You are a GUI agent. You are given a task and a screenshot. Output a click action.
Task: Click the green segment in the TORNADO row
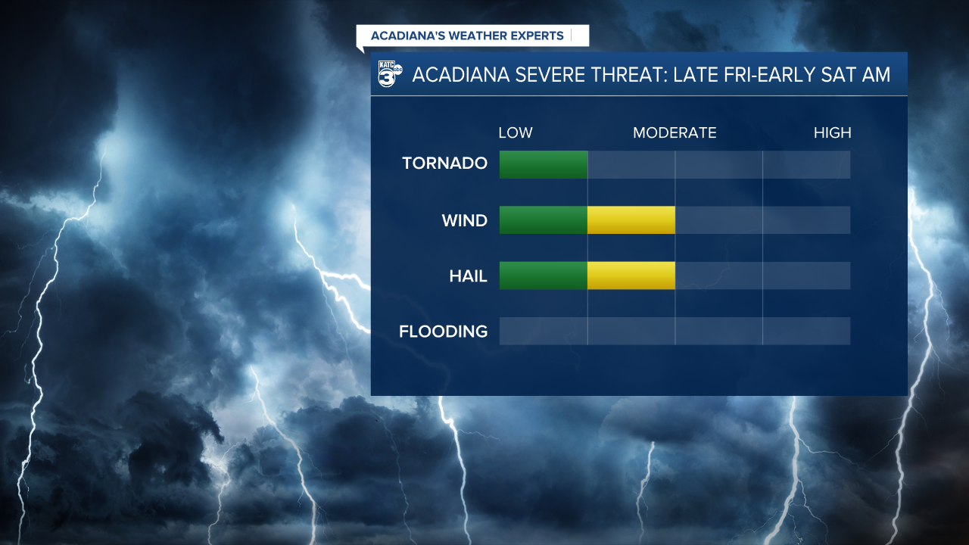click(543, 164)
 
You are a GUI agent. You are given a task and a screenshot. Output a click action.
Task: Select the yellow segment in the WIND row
click(631, 220)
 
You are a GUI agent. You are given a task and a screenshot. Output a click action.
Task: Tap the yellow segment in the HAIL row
click(631, 276)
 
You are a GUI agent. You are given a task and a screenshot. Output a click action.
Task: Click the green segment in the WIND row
click(543, 220)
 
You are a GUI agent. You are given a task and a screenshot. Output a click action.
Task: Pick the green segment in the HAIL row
click(543, 276)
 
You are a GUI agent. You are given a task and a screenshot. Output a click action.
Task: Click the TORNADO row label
click(444, 163)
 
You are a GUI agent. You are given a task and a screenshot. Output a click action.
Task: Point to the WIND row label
click(464, 221)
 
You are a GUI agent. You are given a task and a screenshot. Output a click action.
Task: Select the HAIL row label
click(468, 277)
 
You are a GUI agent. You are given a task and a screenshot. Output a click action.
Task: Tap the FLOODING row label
click(443, 332)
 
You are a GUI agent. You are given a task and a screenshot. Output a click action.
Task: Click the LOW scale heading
click(515, 133)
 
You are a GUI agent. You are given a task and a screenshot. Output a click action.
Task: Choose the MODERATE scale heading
click(675, 133)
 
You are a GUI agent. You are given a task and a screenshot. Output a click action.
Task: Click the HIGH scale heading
click(832, 133)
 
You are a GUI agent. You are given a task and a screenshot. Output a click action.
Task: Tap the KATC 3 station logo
click(390, 74)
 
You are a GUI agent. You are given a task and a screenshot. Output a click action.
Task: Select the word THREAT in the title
click(623, 75)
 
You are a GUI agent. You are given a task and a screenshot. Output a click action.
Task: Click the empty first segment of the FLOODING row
click(543, 331)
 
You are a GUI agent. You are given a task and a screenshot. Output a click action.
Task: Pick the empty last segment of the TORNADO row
click(806, 164)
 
